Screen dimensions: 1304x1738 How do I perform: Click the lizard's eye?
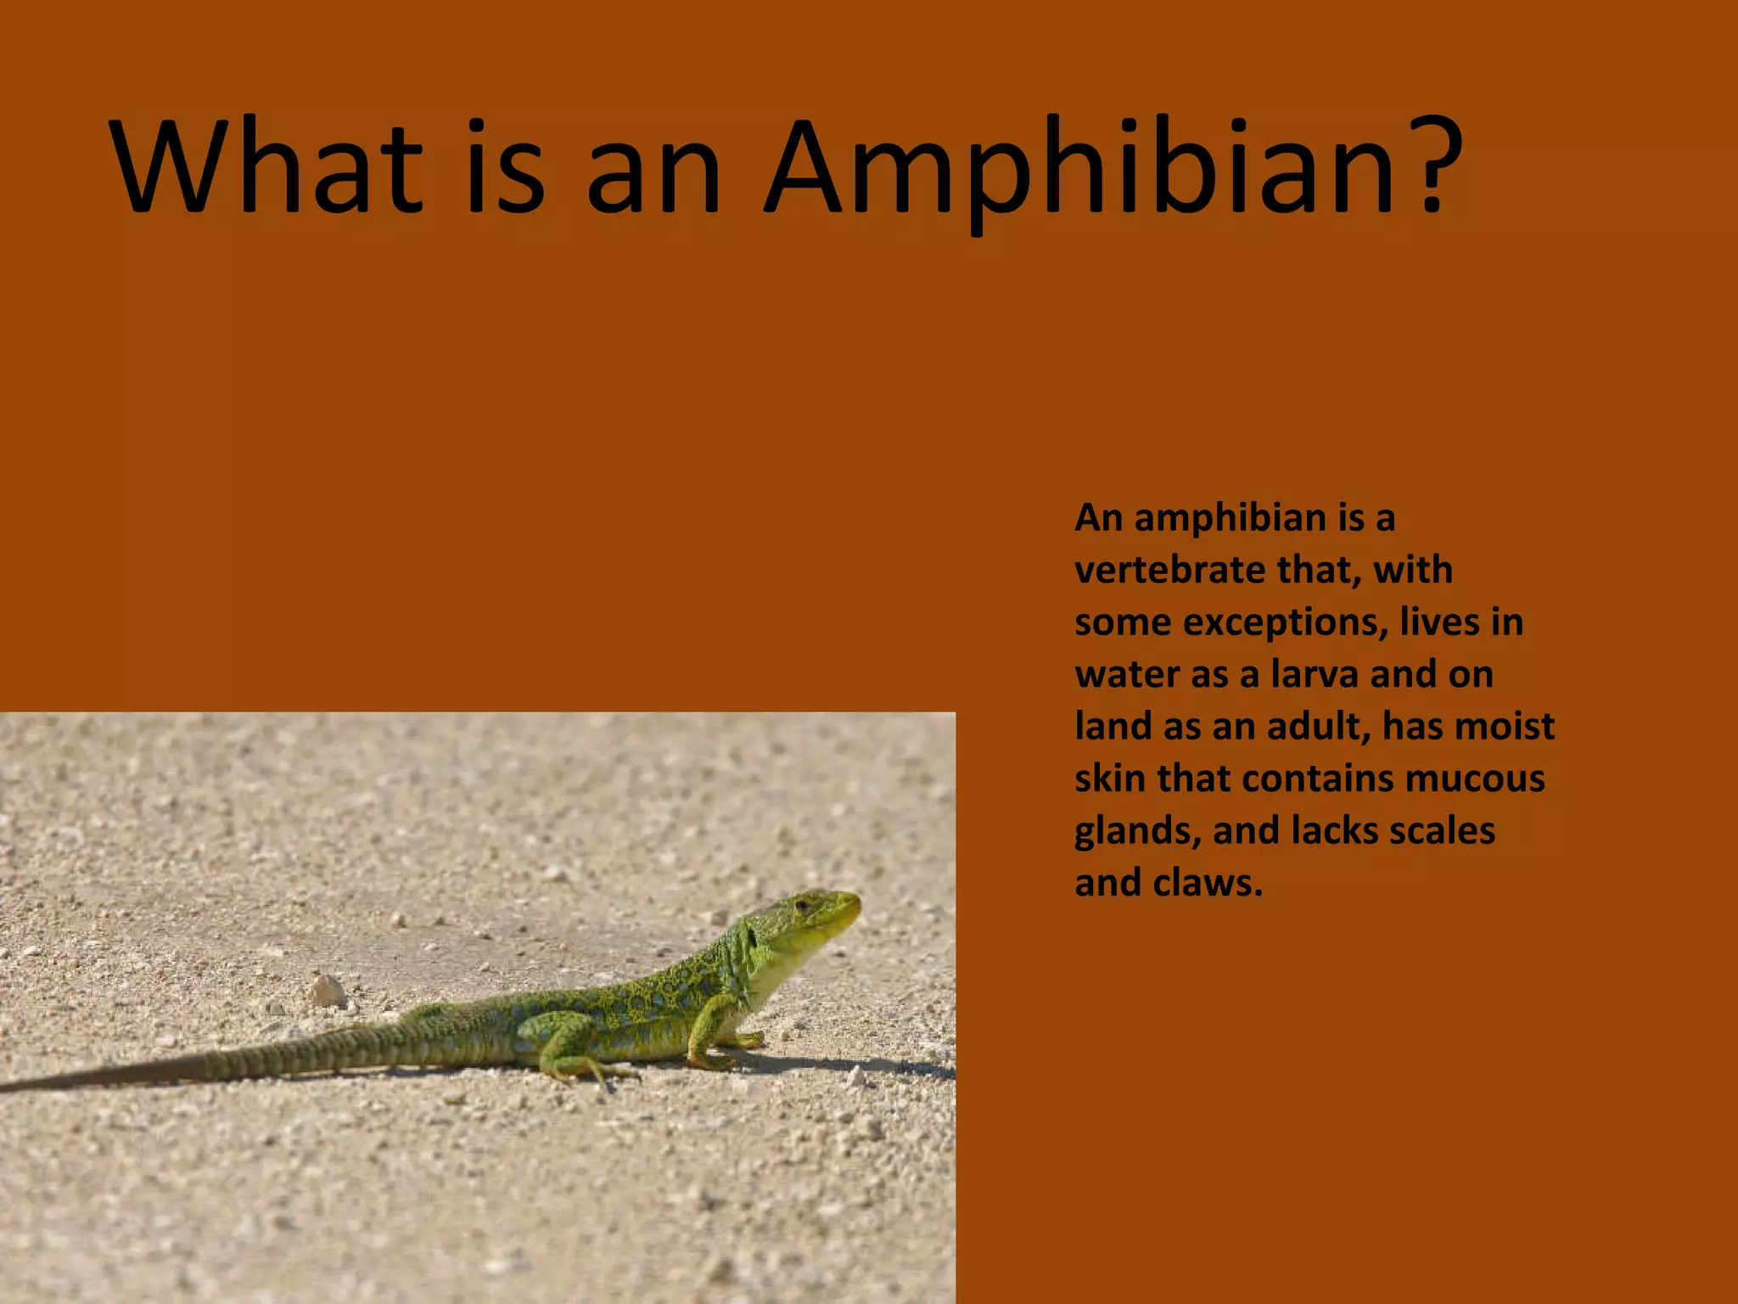tap(801, 907)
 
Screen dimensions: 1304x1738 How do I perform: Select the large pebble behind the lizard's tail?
tap(327, 991)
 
